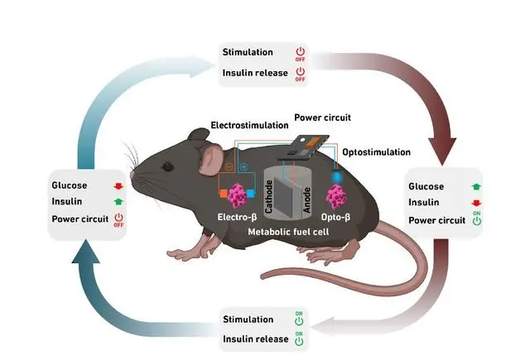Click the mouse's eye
coord(168,166)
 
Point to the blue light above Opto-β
coord(337,177)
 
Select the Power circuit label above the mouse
coord(322,118)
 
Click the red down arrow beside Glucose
coord(117,185)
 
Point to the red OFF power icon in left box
coord(118,220)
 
